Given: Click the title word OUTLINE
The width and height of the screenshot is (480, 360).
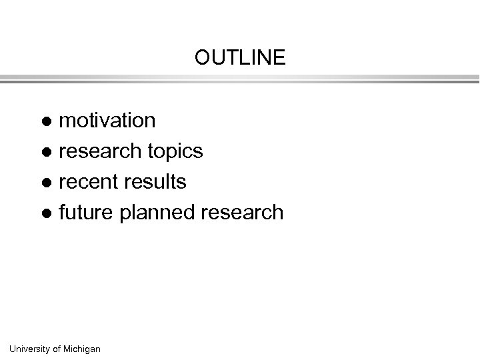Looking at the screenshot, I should [x=240, y=58].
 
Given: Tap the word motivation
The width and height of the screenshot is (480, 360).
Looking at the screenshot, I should [x=107, y=121].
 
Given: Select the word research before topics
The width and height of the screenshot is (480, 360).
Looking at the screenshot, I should [x=99, y=151].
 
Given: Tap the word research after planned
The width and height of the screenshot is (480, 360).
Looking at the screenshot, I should [x=243, y=213].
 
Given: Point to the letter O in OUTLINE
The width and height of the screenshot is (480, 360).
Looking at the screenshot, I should [x=201, y=58].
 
